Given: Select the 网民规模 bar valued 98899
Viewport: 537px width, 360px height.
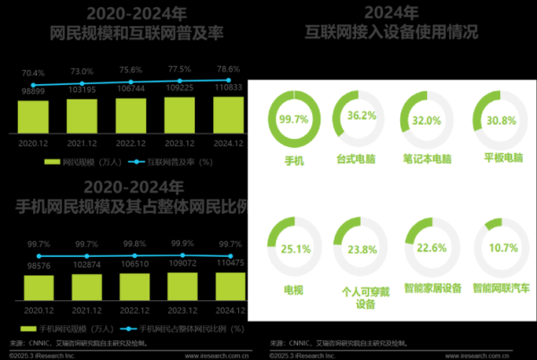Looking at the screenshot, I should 34,114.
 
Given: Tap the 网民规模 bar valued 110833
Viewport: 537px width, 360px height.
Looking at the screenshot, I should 229,111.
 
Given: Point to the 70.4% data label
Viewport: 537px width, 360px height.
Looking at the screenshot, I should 33,73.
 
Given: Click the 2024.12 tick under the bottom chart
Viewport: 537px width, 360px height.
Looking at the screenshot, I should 229,309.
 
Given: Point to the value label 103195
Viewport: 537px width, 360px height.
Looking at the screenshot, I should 82,91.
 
